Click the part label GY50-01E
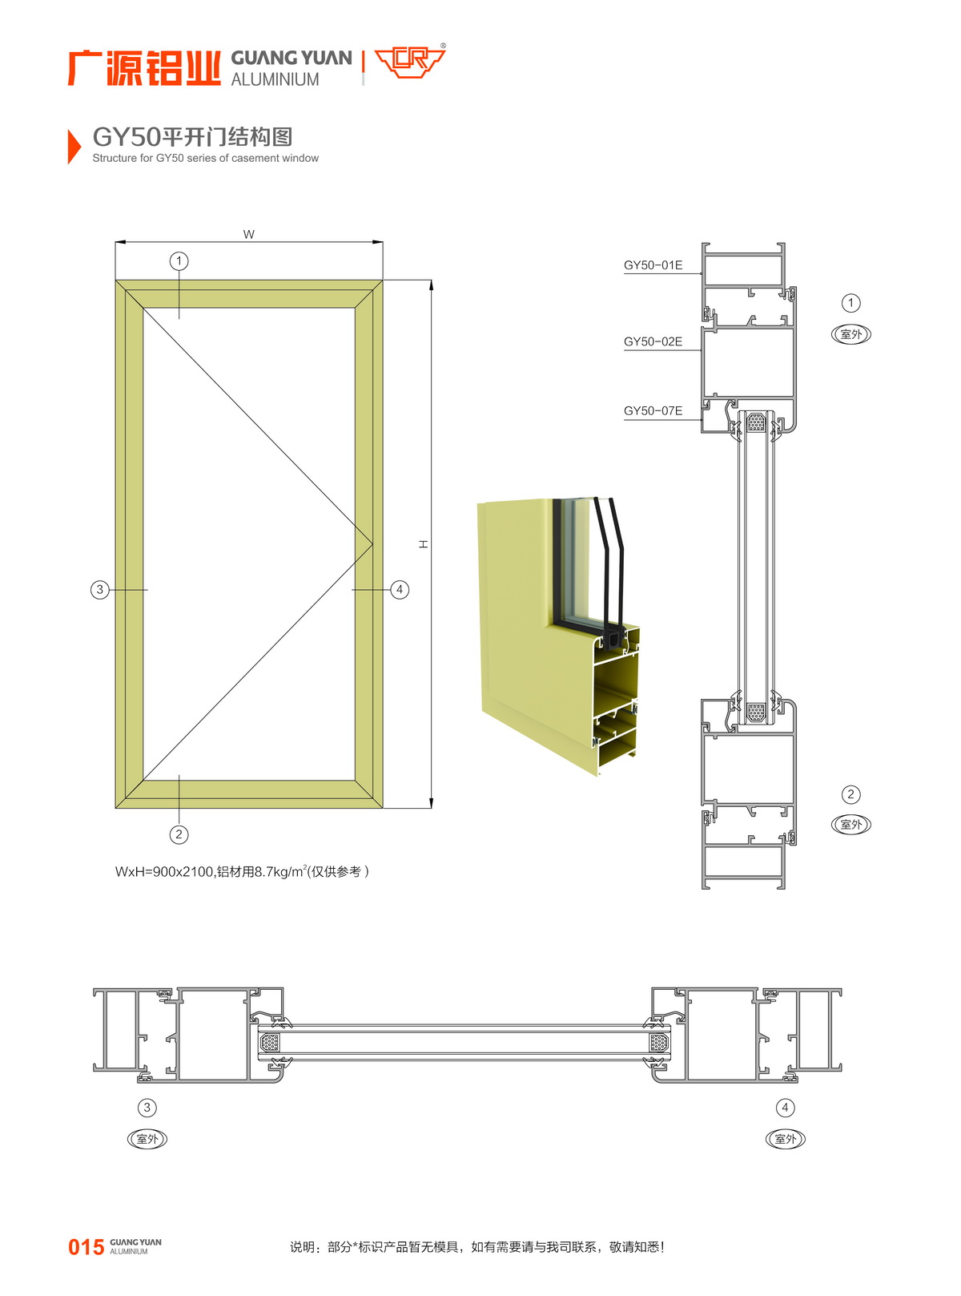[x=652, y=265]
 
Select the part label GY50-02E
[x=652, y=341]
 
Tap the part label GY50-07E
[x=652, y=411]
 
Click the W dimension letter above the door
[x=249, y=234]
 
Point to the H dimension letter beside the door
[x=424, y=543]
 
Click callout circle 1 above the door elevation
[x=179, y=260]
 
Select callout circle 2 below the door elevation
[x=179, y=834]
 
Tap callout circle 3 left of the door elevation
[x=100, y=590]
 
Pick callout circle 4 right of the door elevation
[x=400, y=590]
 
